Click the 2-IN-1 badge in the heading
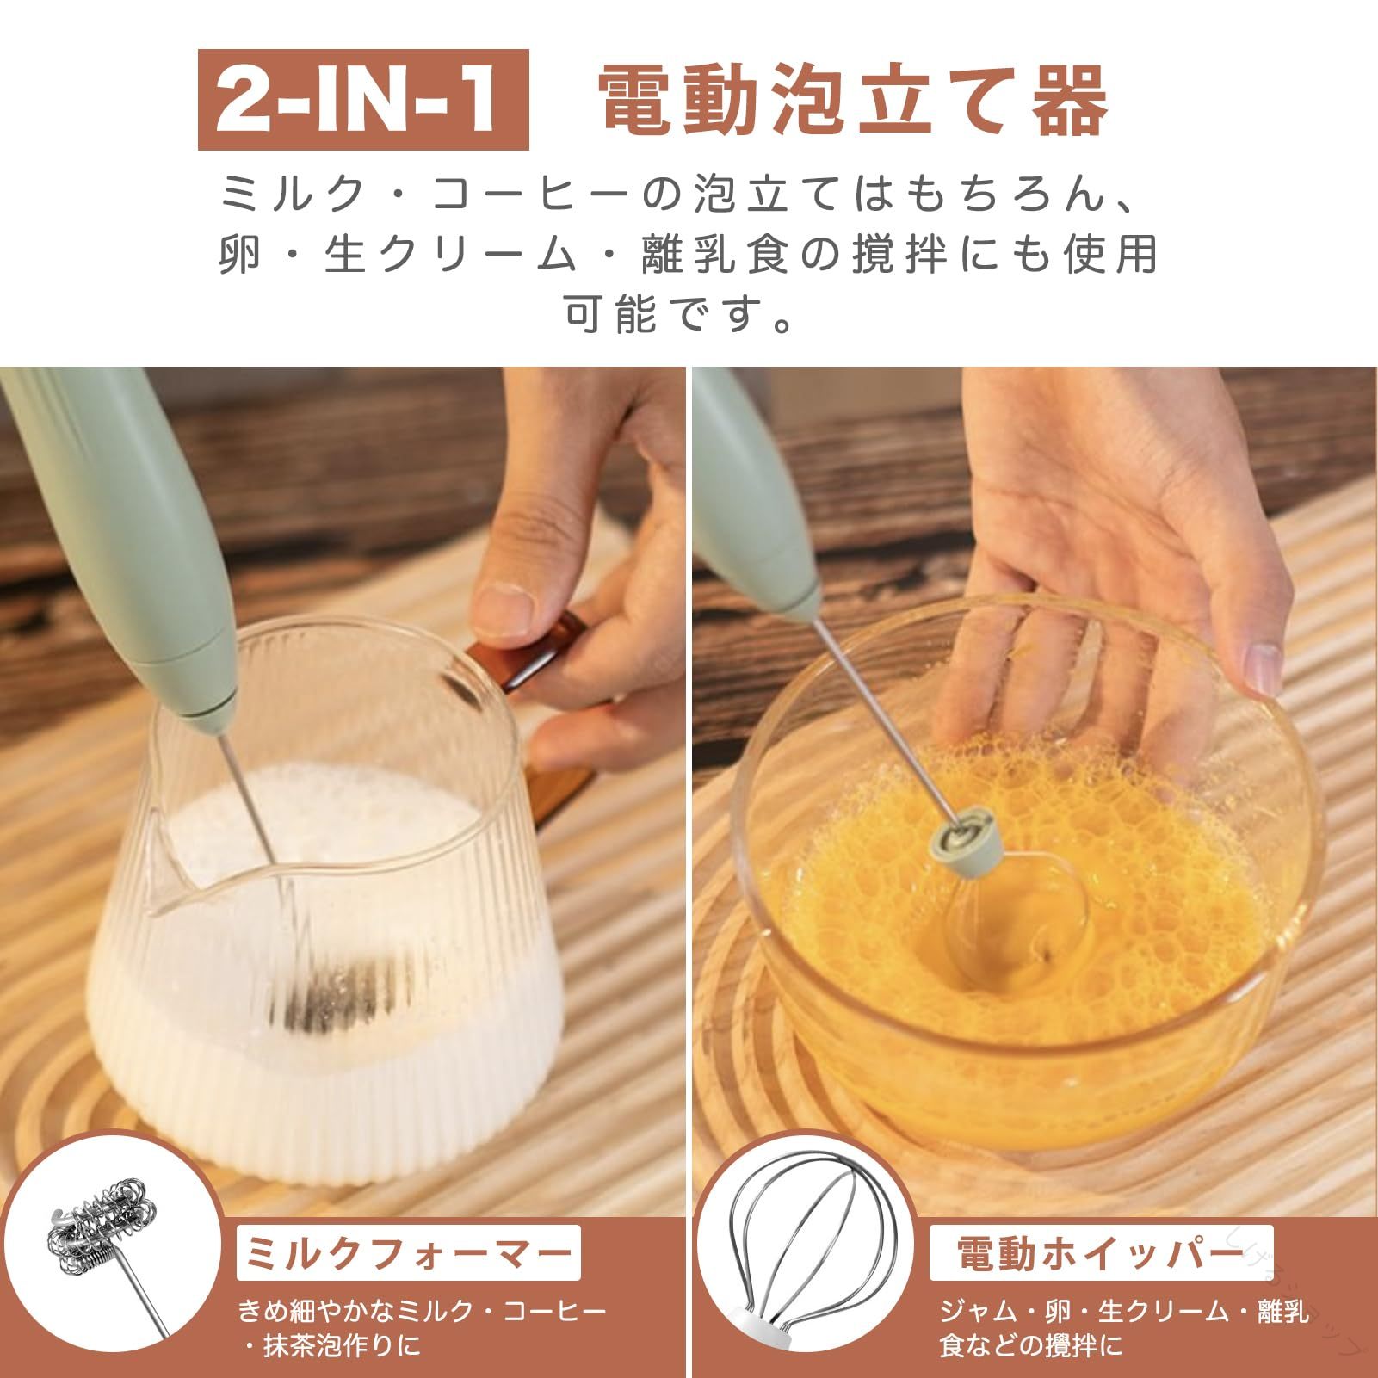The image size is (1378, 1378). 362,100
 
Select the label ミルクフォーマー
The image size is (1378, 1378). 409,1252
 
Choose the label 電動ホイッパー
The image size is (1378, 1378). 1101,1253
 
